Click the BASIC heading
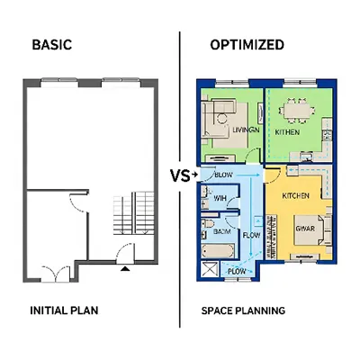(x=53, y=44)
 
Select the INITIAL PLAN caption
(x=65, y=310)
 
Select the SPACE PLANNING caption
(x=243, y=310)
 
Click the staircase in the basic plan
(x=131, y=216)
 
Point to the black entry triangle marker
(x=125, y=266)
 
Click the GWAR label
(x=305, y=228)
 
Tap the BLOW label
(x=223, y=175)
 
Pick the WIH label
(x=220, y=199)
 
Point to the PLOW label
(x=237, y=270)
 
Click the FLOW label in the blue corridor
(x=251, y=235)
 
